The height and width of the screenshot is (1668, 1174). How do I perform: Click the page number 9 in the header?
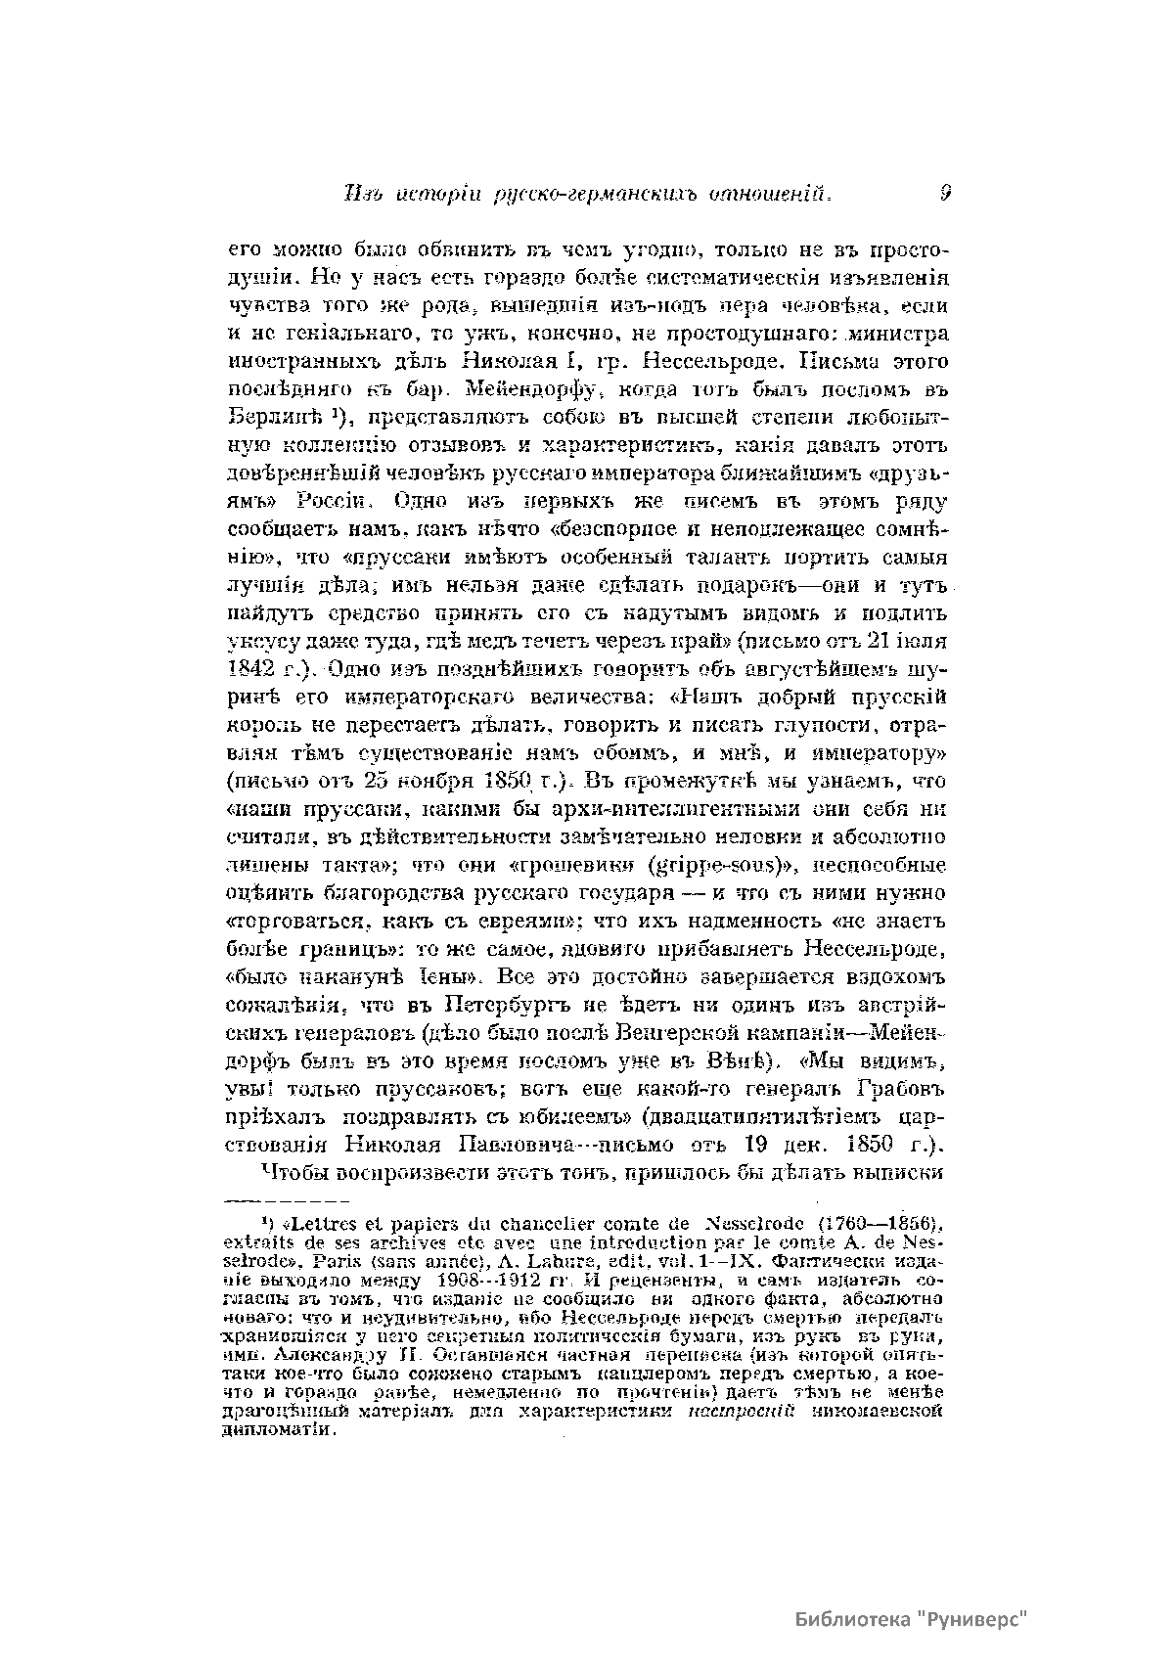pyautogui.click(x=945, y=195)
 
